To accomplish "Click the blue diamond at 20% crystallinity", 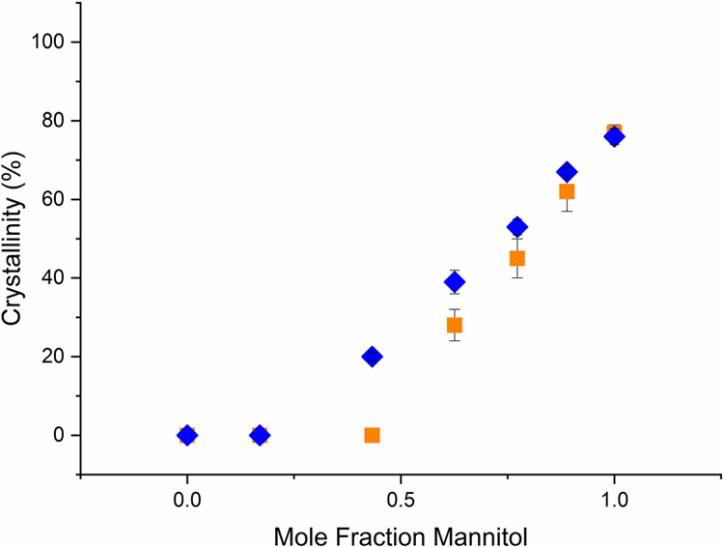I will [x=372, y=357].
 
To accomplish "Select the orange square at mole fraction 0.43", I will [x=372, y=435].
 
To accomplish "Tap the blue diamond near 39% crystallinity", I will [x=455, y=282].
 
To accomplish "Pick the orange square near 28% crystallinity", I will [x=455, y=325].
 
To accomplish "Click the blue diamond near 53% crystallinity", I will [x=517, y=227].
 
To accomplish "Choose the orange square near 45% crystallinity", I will [x=517, y=258].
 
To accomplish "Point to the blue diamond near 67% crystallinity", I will [x=567, y=172].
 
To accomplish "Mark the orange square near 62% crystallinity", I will [x=567, y=191].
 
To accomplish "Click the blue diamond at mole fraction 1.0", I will [x=614, y=136].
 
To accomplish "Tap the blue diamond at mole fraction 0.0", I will [x=187, y=435].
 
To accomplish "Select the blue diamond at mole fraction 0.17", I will [x=260, y=435].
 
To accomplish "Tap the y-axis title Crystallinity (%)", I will [x=16, y=238].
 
